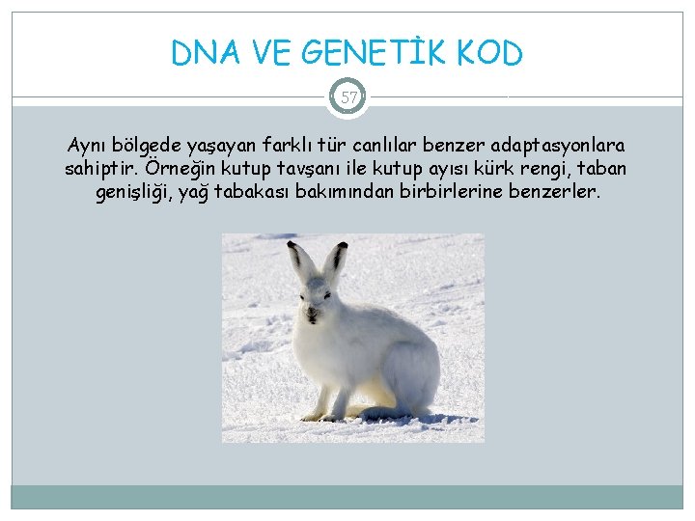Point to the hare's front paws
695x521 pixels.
(319, 416)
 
